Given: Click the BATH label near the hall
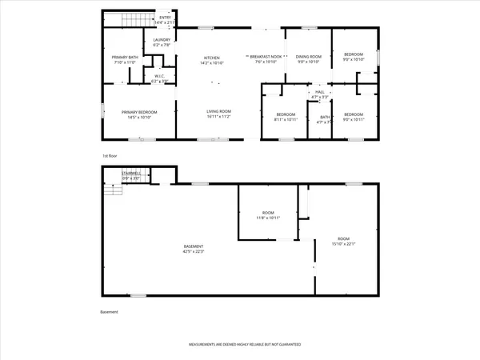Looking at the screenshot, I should pyautogui.click(x=324, y=120).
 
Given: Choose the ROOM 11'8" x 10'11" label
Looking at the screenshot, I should pyautogui.click(x=269, y=215).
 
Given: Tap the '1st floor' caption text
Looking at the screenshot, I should pyautogui.click(x=110, y=155).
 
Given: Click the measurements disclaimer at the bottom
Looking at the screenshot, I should pyautogui.click(x=245, y=345).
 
